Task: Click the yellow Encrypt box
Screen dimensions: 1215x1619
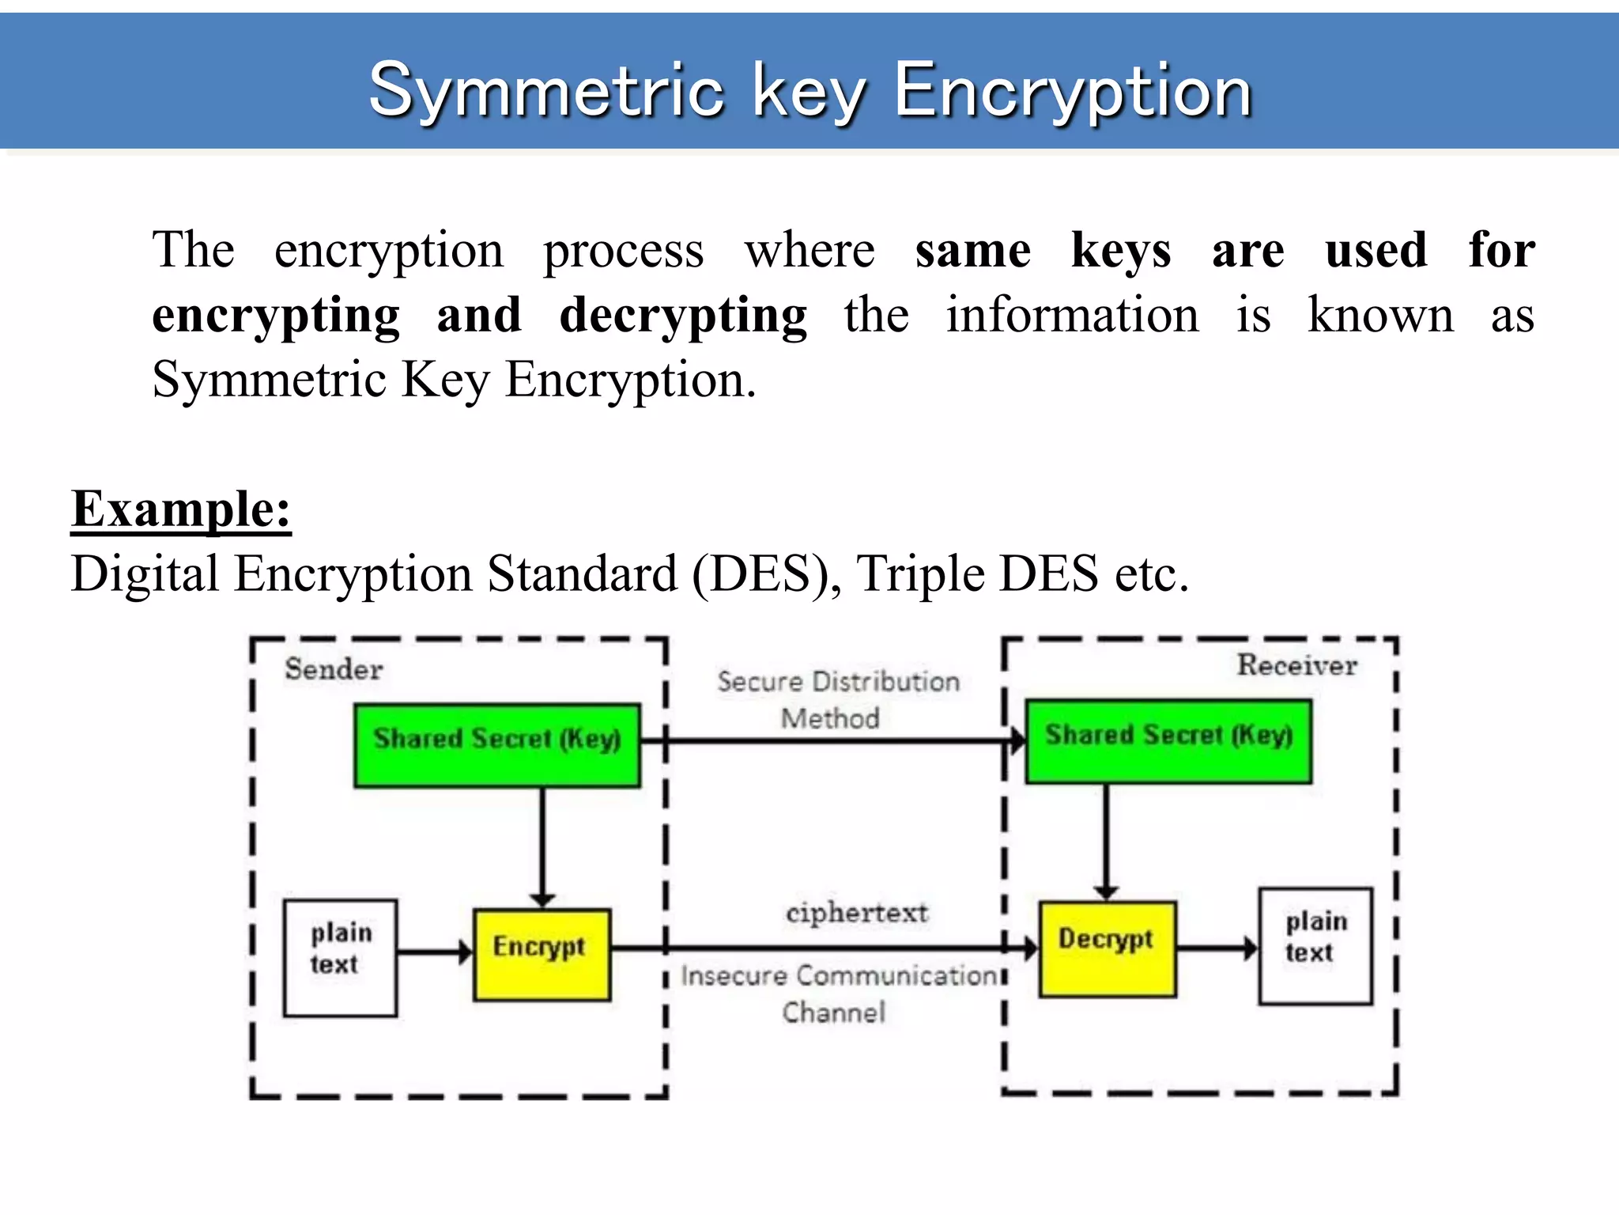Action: [x=542, y=955]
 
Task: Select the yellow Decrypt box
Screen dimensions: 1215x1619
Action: [x=1107, y=948]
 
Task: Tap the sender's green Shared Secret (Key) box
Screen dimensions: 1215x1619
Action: [x=497, y=745]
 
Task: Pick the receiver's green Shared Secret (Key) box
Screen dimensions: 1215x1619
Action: [x=1168, y=741]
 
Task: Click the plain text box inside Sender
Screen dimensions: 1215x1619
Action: [x=340, y=957]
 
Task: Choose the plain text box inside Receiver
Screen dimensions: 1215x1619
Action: [x=1315, y=946]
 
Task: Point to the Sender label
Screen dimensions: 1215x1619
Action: [x=334, y=669]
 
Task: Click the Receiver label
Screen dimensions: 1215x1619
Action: [x=1296, y=665]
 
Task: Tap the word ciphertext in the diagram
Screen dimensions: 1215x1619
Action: [x=857, y=913]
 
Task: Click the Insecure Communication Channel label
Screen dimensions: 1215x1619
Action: [x=838, y=994]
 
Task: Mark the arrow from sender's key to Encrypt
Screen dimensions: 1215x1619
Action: [x=542, y=846]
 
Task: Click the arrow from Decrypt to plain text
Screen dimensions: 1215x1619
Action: [x=1217, y=948]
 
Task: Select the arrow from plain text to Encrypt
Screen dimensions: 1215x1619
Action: [x=435, y=952]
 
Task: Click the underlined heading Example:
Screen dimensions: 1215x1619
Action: [x=181, y=509]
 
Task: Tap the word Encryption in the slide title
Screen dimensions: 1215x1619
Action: [x=1073, y=92]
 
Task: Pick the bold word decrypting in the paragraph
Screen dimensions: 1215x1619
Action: [x=683, y=316]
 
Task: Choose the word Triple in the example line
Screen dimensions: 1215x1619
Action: [x=920, y=573]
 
